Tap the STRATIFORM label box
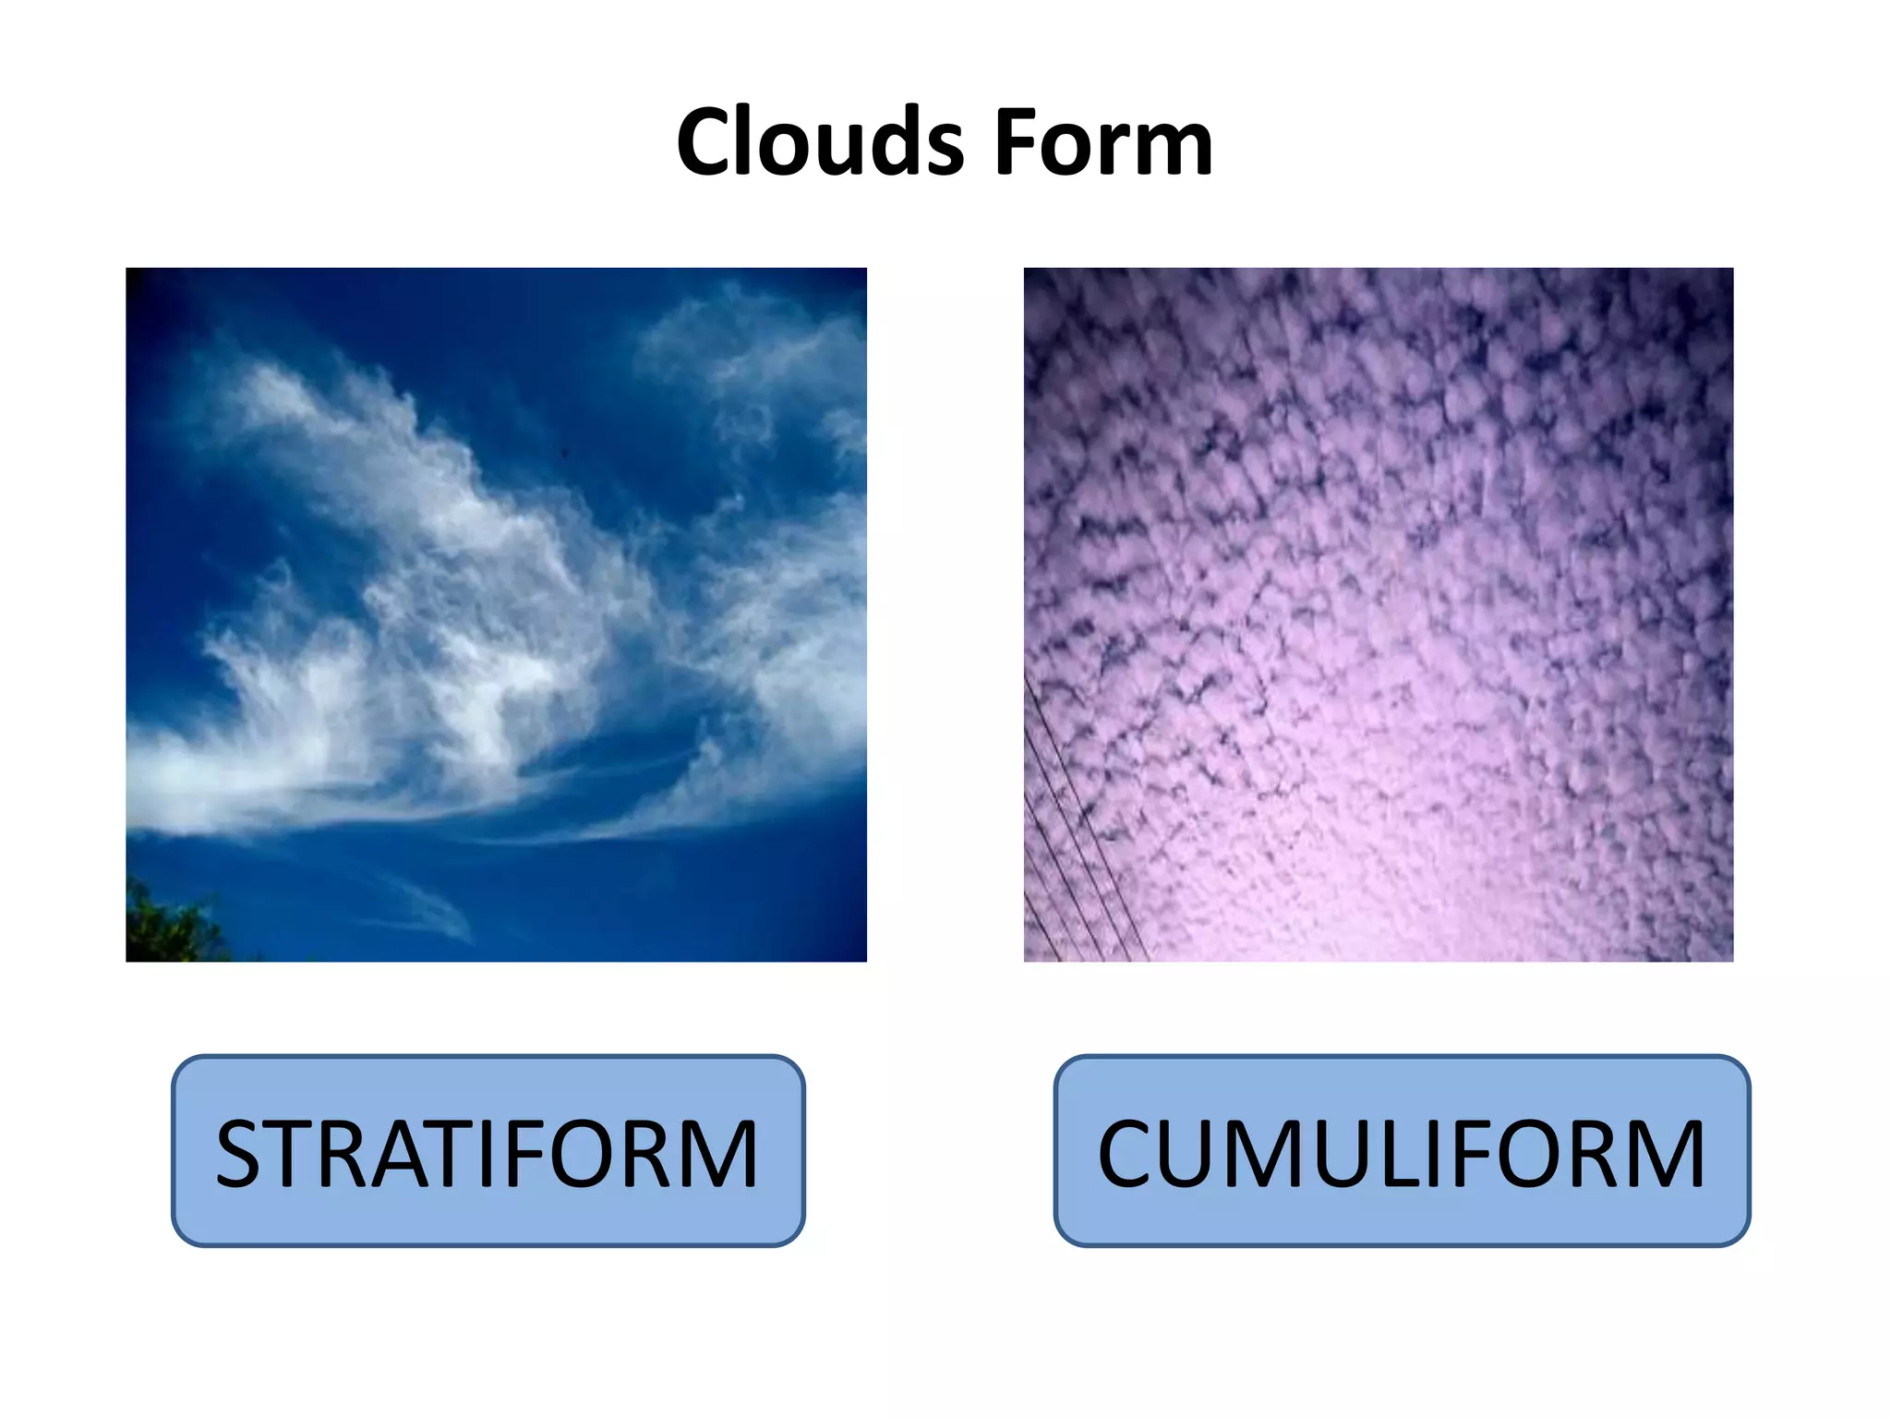pos(488,1151)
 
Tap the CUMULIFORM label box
pos(1401,1151)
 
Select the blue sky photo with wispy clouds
pos(496,614)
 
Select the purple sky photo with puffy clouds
pos(1378,614)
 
